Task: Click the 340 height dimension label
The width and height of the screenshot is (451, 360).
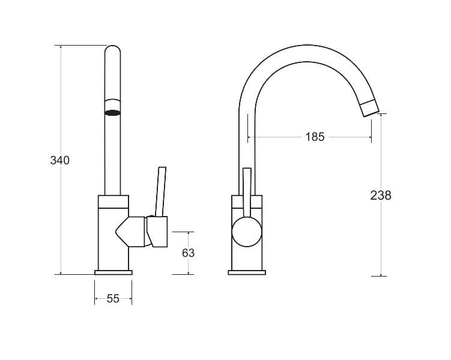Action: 60,160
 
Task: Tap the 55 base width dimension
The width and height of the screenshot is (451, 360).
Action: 113,299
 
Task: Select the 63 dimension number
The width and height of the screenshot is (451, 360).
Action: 188,253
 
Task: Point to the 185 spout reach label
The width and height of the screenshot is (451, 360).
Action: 315,137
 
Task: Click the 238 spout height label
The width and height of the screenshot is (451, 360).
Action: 381,196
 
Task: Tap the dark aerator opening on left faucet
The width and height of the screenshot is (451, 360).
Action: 112,113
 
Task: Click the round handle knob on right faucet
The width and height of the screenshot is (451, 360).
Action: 247,232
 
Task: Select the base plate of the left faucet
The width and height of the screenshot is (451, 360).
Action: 114,272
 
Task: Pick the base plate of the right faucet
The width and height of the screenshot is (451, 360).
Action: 247,272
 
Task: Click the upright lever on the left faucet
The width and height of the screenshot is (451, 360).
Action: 160,191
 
